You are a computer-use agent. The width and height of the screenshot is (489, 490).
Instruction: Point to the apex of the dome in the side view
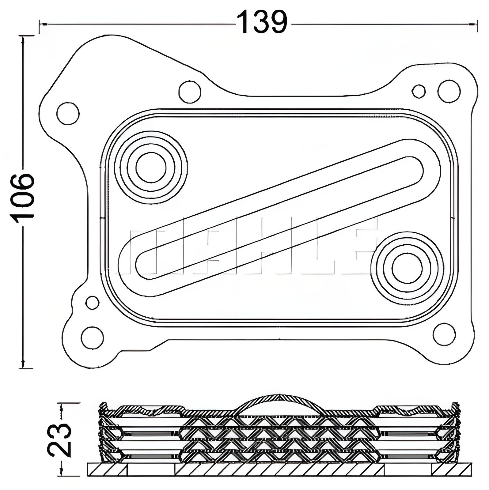[279, 394]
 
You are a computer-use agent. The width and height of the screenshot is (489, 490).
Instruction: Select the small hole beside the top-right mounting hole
[419, 91]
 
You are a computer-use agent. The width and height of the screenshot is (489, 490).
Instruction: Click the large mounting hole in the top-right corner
[449, 91]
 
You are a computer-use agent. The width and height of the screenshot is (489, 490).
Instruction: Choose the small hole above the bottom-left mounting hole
[92, 303]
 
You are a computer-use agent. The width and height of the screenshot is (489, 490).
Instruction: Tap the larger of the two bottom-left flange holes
[92, 338]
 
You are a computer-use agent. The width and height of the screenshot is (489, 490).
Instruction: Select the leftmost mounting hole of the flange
[68, 113]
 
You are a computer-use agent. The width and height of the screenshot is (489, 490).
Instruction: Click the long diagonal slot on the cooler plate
[279, 218]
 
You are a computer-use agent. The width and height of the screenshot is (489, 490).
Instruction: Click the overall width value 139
[262, 22]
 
